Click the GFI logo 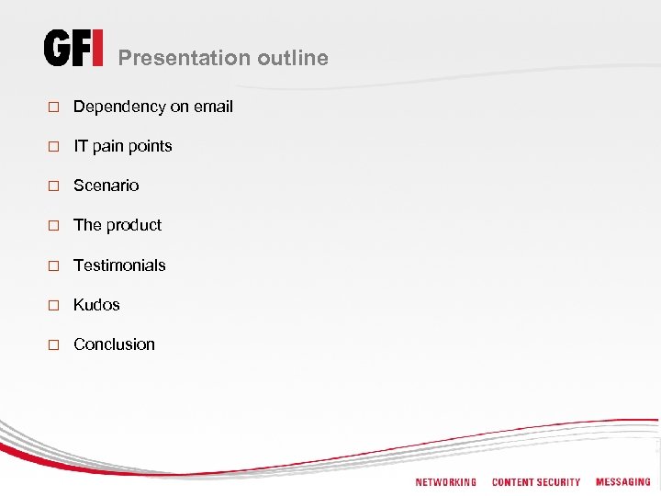(x=73, y=49)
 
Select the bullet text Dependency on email (x=152, y=107)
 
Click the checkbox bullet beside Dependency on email (x=53, y=107)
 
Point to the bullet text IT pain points (x=122, y=146)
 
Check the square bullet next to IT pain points (x=53, y=147)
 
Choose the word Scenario (x=106, y=186)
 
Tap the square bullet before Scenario (x=53, y=186)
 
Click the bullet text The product (x=117, y=225)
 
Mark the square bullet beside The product (x=53, y=226)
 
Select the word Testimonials (x=119, y=265)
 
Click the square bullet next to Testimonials (x=53, y=266)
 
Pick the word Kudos (x=96, y=305)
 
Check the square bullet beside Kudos (x=53, y=306)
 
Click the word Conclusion (x=114, y=344)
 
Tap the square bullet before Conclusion (x=53, y=345)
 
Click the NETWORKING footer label (x=445, y=482)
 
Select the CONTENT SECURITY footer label (x=536, y=482)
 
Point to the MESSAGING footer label (x=622, y=482)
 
